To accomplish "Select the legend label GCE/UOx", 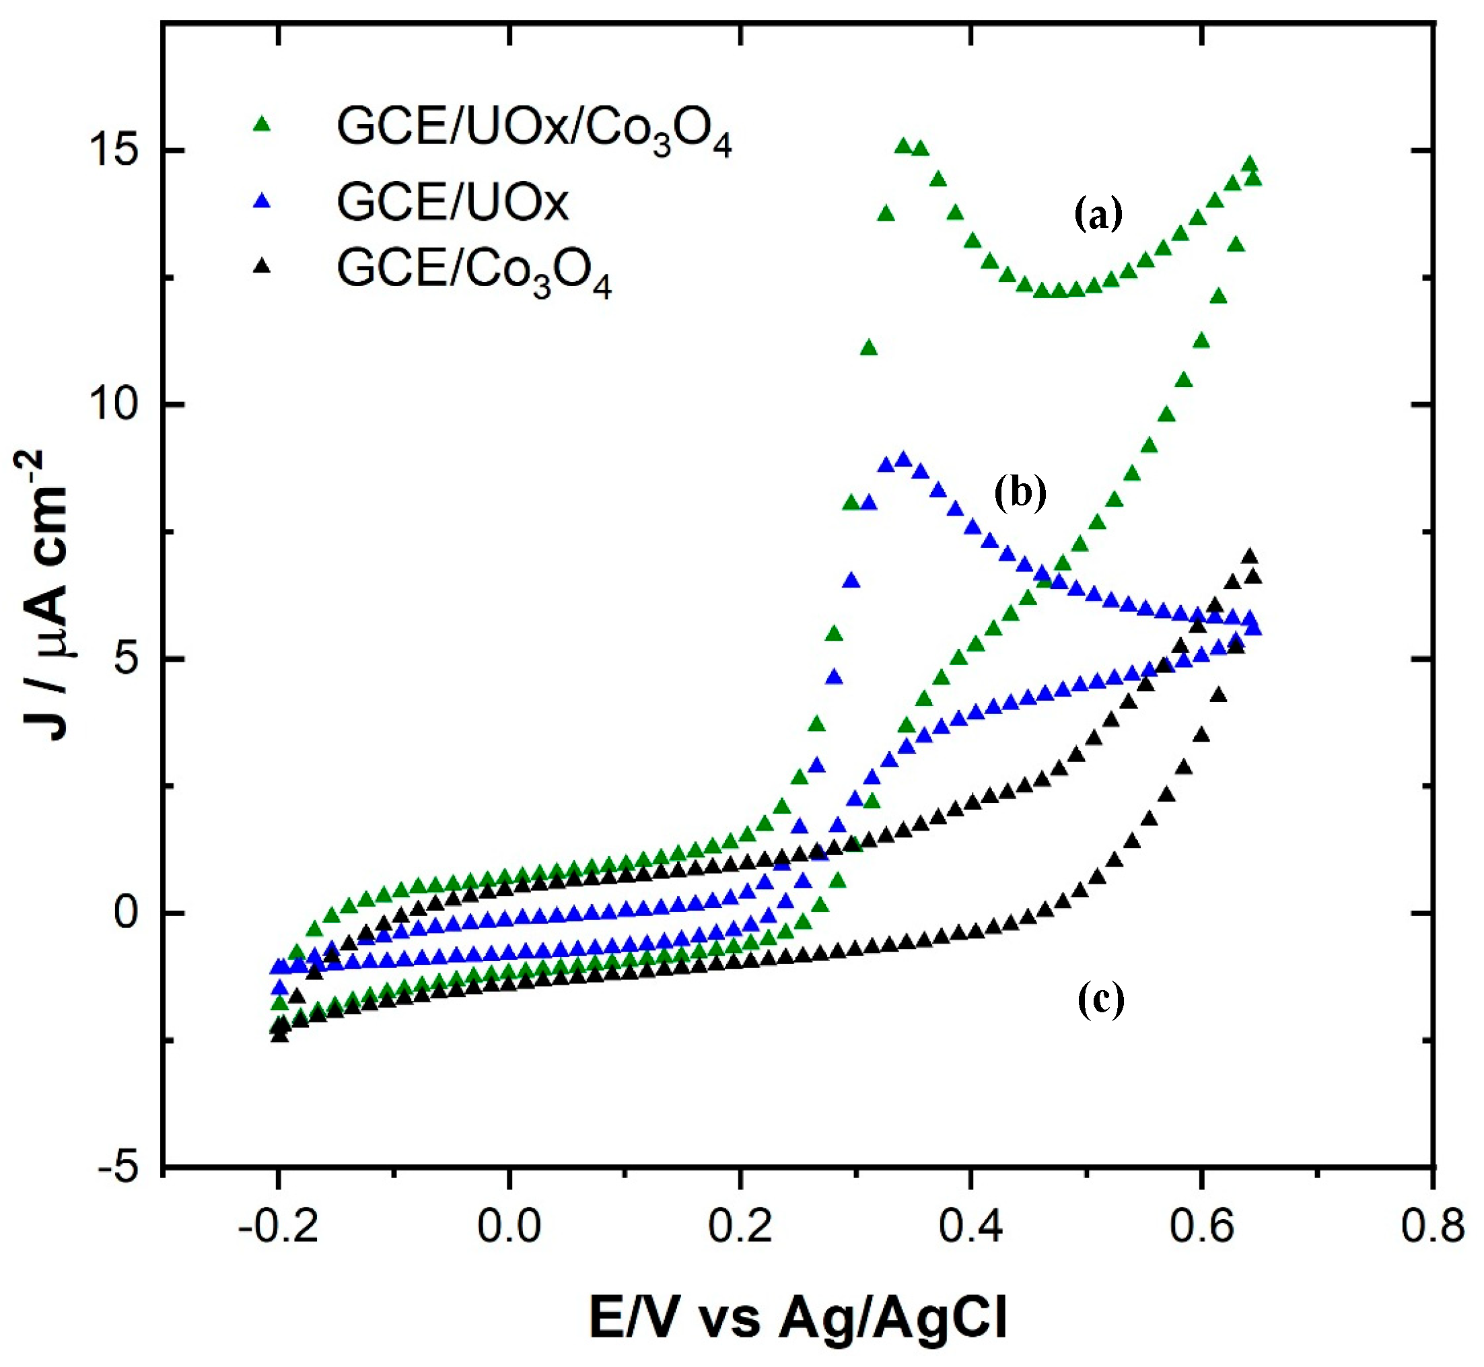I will [x=453, y=201].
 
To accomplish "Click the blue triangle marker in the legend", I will [x=262, y=200].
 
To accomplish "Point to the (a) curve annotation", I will [x=1098, y=215].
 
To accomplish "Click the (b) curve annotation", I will [x=1020, y=493].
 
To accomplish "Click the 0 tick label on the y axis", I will [x=127, y=914].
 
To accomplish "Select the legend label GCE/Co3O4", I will [x=474, y=271].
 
